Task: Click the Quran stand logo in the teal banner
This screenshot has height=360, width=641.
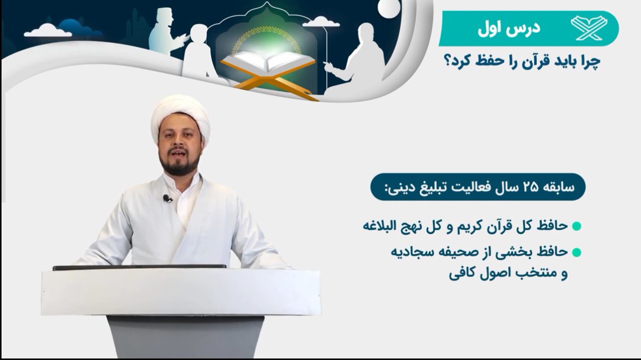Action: (589, 28)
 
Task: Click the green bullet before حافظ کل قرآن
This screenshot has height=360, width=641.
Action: (576, 226)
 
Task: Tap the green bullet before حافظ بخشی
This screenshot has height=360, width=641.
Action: (576, 253)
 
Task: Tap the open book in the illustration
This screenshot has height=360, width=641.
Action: (268, 62)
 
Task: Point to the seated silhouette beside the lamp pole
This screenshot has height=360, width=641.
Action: (356, 61)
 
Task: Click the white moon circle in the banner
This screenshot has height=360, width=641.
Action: (388, 8)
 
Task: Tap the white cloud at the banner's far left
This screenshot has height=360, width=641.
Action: (48, 31)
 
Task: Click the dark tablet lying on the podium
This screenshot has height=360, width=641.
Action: (139, 267)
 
